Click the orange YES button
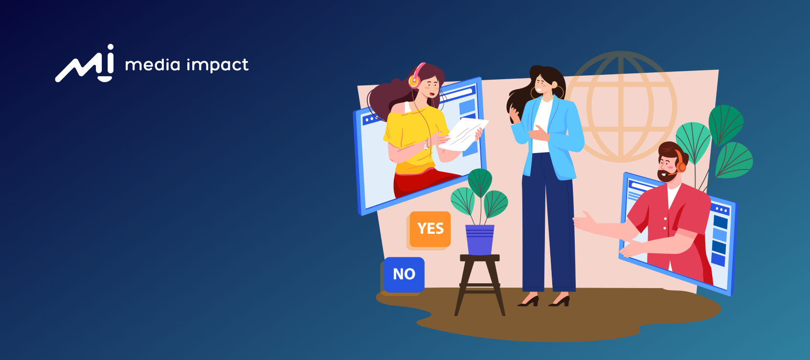(x=430, y=229)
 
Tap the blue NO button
(x=404, y=275)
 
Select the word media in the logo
(x=152, y=65)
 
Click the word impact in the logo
(x=218, y=65)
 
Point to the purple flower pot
(x=479, y=240)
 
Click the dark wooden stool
(x=479, y=284)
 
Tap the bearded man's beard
(x=667, y=176)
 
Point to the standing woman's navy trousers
(x=548, y=224)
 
